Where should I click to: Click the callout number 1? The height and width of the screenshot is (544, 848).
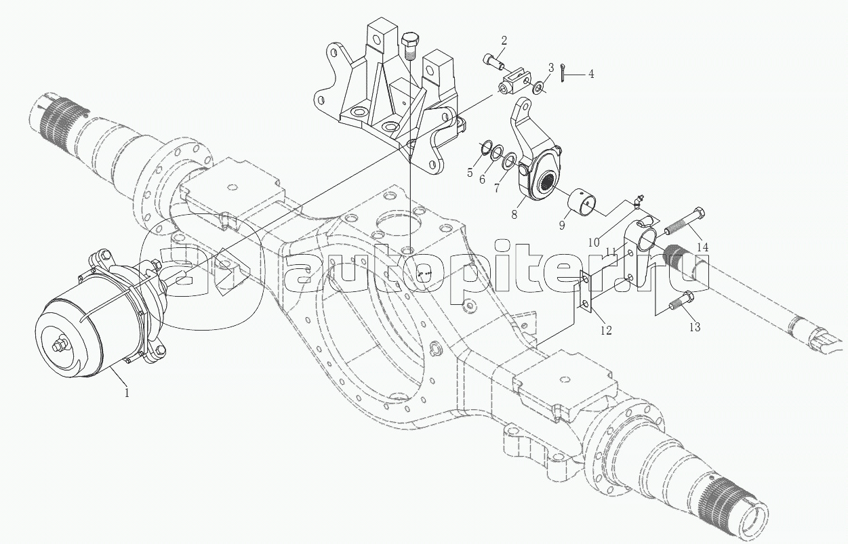[x=127, y=393]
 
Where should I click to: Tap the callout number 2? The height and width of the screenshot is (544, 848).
[x=504, y=41]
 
